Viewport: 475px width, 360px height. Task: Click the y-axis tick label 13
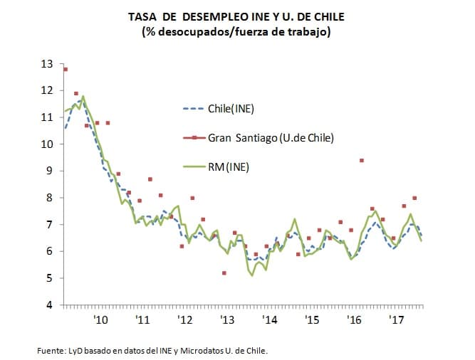[x=47, y=64]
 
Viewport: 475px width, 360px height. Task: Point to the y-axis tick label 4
[x=48, y=305]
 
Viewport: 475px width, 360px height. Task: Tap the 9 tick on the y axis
[x=48, y=171]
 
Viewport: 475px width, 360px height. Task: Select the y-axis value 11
[x=47, y=117]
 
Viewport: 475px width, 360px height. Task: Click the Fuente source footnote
[x=153, y=350]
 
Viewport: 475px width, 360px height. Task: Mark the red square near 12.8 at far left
[x=66, y=69]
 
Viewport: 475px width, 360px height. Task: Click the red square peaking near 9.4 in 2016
[x=362, y=161]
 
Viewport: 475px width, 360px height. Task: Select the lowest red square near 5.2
[x=224, y=273]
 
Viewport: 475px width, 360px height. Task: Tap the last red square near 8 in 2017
[x=414, y=198]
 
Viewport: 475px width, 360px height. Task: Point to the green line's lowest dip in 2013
[x=252, y=275]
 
